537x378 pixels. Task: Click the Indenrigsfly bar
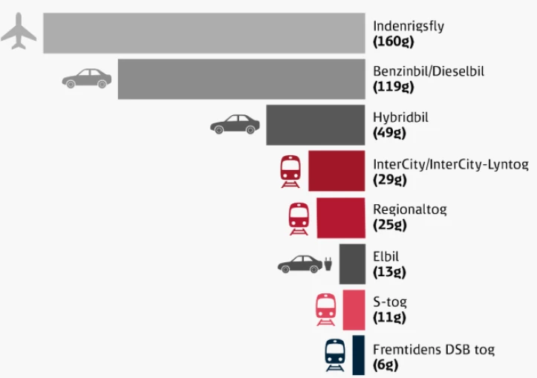point(204,33)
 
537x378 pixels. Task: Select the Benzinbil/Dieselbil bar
point(241,79)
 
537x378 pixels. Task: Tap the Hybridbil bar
point(316,125)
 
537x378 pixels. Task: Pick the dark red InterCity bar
point(336,171)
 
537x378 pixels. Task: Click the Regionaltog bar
point(341,217)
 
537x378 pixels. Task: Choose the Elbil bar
point(352,264)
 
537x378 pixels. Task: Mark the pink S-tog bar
point(354,310)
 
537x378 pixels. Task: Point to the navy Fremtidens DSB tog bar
point(359,355)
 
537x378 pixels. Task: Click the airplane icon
point(19,33)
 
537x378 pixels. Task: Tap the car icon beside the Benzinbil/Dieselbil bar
point(86,78)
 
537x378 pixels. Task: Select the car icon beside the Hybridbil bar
point(235,124)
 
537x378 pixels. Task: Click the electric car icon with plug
point(305,264)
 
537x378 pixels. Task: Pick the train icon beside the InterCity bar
point(290,172)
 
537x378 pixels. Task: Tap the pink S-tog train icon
point(325,310)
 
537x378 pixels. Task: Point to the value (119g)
point(393,87)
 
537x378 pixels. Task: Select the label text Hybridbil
point(400,117)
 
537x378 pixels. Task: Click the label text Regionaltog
point(409,209)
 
